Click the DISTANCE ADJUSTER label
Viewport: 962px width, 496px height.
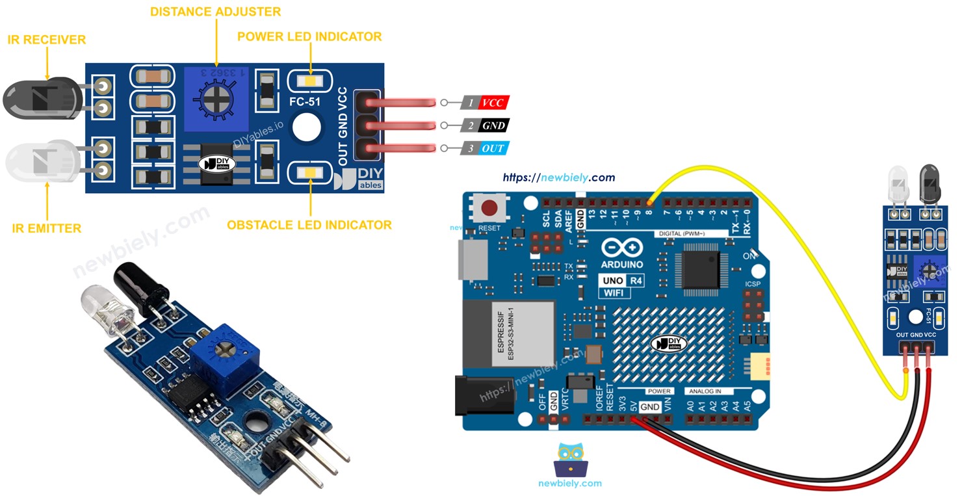[x=215, y=12]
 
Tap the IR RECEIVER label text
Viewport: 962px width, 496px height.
[x=47, y=40]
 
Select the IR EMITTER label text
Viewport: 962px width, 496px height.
[x=47, y=228]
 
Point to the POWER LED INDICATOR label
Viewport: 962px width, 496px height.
[x=309, y=36]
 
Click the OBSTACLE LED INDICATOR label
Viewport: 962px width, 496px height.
[x=309, y=225]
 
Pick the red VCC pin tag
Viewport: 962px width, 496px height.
[x=492, y=103]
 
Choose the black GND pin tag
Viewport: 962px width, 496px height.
[x=493, y=125]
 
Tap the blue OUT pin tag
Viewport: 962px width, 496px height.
[x=492, y=149]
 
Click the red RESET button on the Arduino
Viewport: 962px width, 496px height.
[x=489, y=208]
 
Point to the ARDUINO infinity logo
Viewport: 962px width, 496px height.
[x=622, y=249]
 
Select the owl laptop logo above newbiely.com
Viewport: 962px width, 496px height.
[x=570, y=461]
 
